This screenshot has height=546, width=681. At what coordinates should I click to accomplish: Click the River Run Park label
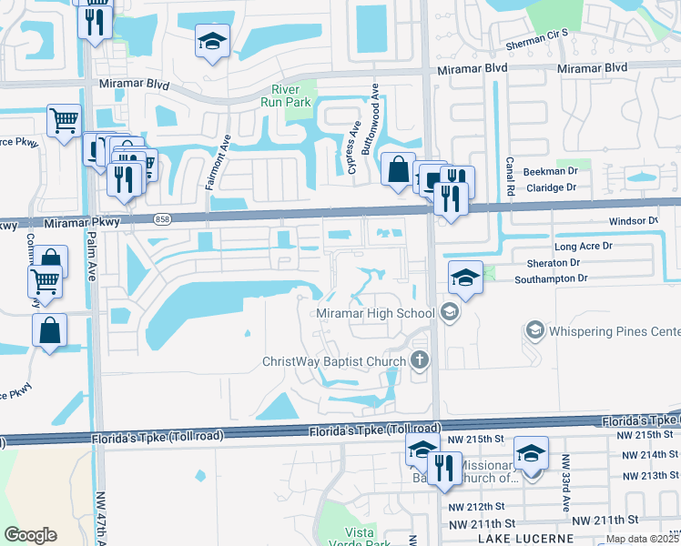[x=291, y=96]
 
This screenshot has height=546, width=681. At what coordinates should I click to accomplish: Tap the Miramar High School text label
[x=376, y=314]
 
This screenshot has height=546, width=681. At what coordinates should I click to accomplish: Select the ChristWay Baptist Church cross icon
[x=419, y=360]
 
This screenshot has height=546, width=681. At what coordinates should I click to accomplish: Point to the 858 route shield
[x=162, y=219]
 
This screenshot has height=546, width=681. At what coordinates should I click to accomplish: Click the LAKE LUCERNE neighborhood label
[x=525, y=539]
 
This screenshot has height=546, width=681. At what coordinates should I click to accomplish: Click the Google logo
[x=30, y=534]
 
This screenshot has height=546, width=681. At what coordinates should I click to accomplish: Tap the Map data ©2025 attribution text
[x=642, y=539]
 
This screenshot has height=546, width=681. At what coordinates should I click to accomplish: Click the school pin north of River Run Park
[x=212, y=42]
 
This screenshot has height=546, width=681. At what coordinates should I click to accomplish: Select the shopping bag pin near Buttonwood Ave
[x=398, y=169]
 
